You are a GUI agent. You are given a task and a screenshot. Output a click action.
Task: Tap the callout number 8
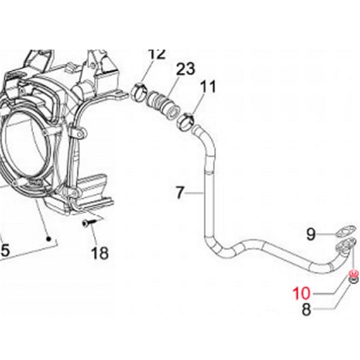[x=306, y=310]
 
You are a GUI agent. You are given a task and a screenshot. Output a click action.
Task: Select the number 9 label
[x=311, y=235]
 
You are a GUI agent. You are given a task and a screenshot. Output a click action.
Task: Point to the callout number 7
[x=179, y=193]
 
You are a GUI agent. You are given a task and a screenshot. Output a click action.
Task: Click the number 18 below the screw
[x=100, y=253]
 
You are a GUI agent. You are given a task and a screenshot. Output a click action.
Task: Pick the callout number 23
[x=185, y=69]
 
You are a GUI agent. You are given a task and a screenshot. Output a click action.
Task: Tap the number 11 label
[x=207, y=87]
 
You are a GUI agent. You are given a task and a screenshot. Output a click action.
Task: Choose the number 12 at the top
[x=156, y=54]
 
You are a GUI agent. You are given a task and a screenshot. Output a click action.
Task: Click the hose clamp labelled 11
[x=185, y=124]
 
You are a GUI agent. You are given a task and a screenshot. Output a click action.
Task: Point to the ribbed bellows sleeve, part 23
[x=162, y=104]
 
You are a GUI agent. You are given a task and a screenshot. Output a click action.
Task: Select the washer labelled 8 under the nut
[x=354, y=281]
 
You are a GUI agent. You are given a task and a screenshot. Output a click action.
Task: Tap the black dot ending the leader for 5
[x=49, y=238]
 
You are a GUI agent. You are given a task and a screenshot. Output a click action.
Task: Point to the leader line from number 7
[x=196, y=193]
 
